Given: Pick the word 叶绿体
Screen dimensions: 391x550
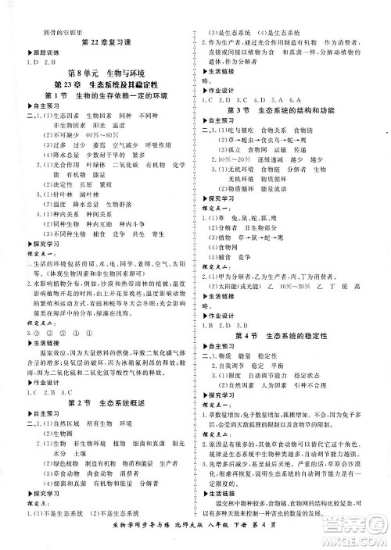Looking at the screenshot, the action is click(97, 166).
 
